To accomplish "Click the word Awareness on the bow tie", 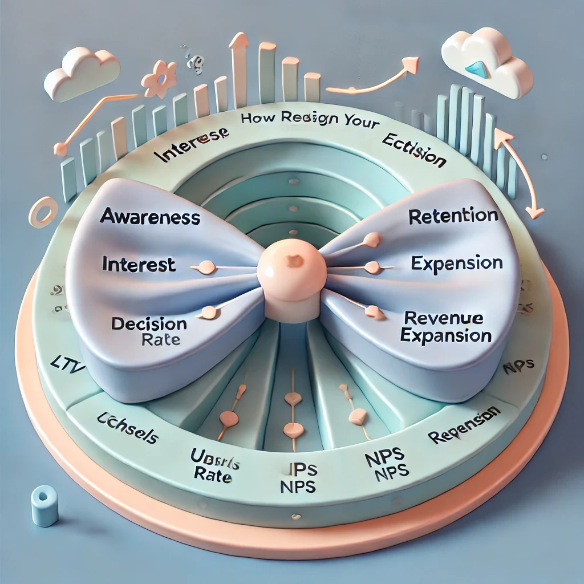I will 150,217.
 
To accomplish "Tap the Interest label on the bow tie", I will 139,264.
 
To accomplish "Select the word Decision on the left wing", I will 149,324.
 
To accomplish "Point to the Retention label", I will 453,216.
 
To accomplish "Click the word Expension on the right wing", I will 457,263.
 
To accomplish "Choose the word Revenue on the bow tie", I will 443,318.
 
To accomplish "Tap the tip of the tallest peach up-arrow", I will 239,39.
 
